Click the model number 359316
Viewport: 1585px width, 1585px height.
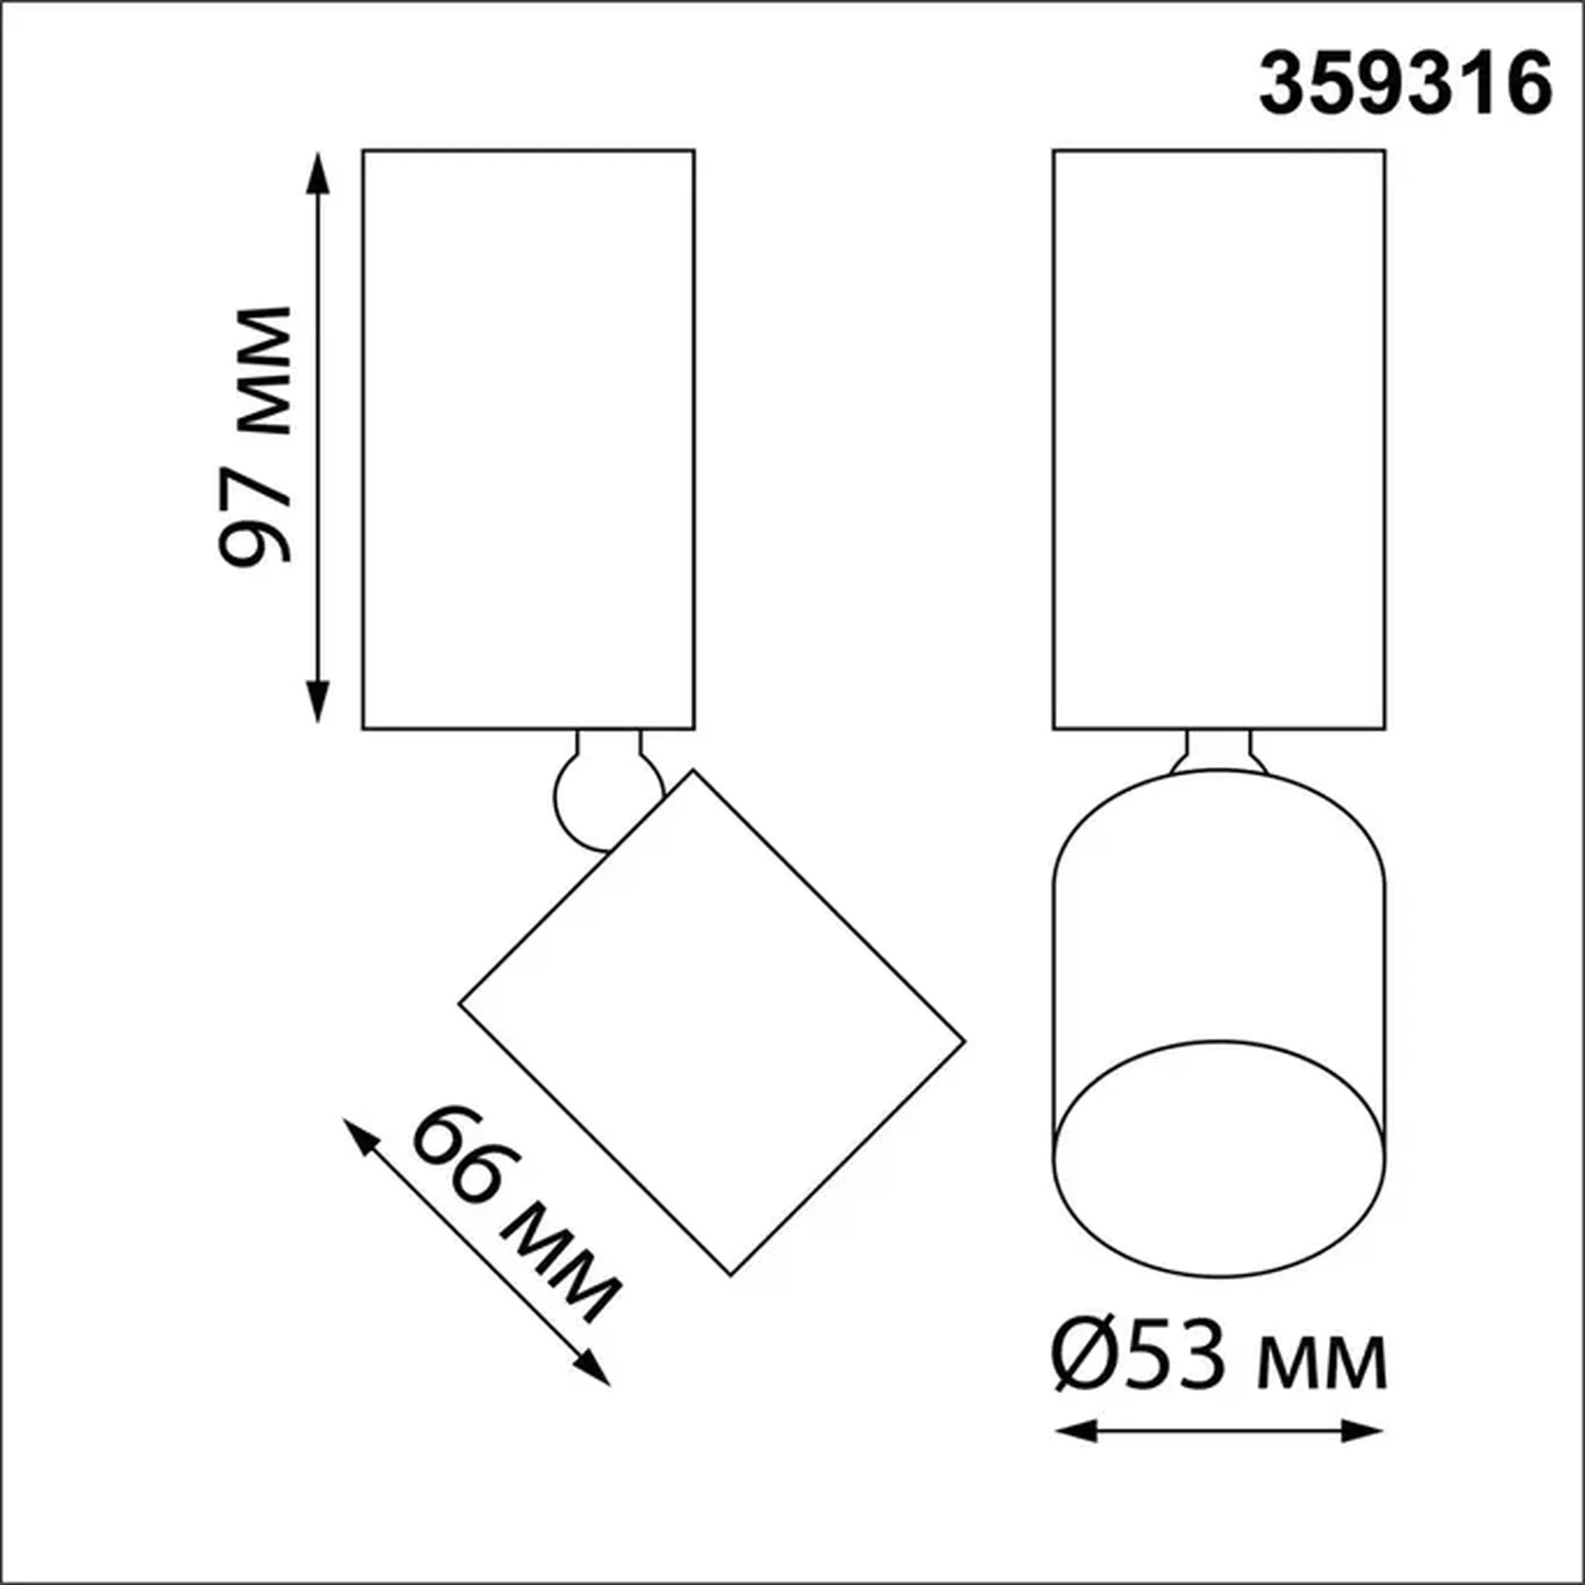pyautogui.click(x=1404, y=84)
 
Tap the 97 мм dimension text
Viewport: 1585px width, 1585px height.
pyautogui.click(x=255, y=435)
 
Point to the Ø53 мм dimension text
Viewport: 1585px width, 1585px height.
pyautogui.click(x=1218, y=1357)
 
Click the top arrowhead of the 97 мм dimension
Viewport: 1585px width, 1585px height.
pyautogui.click(x=318, y=170)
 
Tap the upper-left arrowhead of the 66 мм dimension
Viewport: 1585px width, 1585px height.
pyautogui.click(x=359, y=1136)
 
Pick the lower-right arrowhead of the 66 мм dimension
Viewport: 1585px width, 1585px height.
pyautogui.click(x=593, y=1369)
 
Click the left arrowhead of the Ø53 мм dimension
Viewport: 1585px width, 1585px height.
pyautogui.click(x=1074, y=1431)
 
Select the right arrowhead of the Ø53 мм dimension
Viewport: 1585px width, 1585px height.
pyautogui.click(x=1364, y=1431)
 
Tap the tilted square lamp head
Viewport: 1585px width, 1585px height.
pyautogui.click(x=711, y=1023)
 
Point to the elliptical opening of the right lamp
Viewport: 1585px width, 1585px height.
pyautogui.click(x=1218, y=1159)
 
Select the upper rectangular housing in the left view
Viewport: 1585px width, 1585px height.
pyautogui.click(x=528, y=440)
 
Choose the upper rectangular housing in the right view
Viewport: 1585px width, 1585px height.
pyautogui.click(x=1218, y=440)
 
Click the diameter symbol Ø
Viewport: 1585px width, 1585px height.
pyautogui.click(x=1084, y=1357)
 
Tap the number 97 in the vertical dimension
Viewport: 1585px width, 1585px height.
pyautogui.click(x=255, y=516)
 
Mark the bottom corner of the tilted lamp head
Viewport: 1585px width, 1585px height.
pyautogui.click(x=731, y=1274)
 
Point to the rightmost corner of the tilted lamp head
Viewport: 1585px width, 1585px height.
pyautogui.click(x=963, y=1042)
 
